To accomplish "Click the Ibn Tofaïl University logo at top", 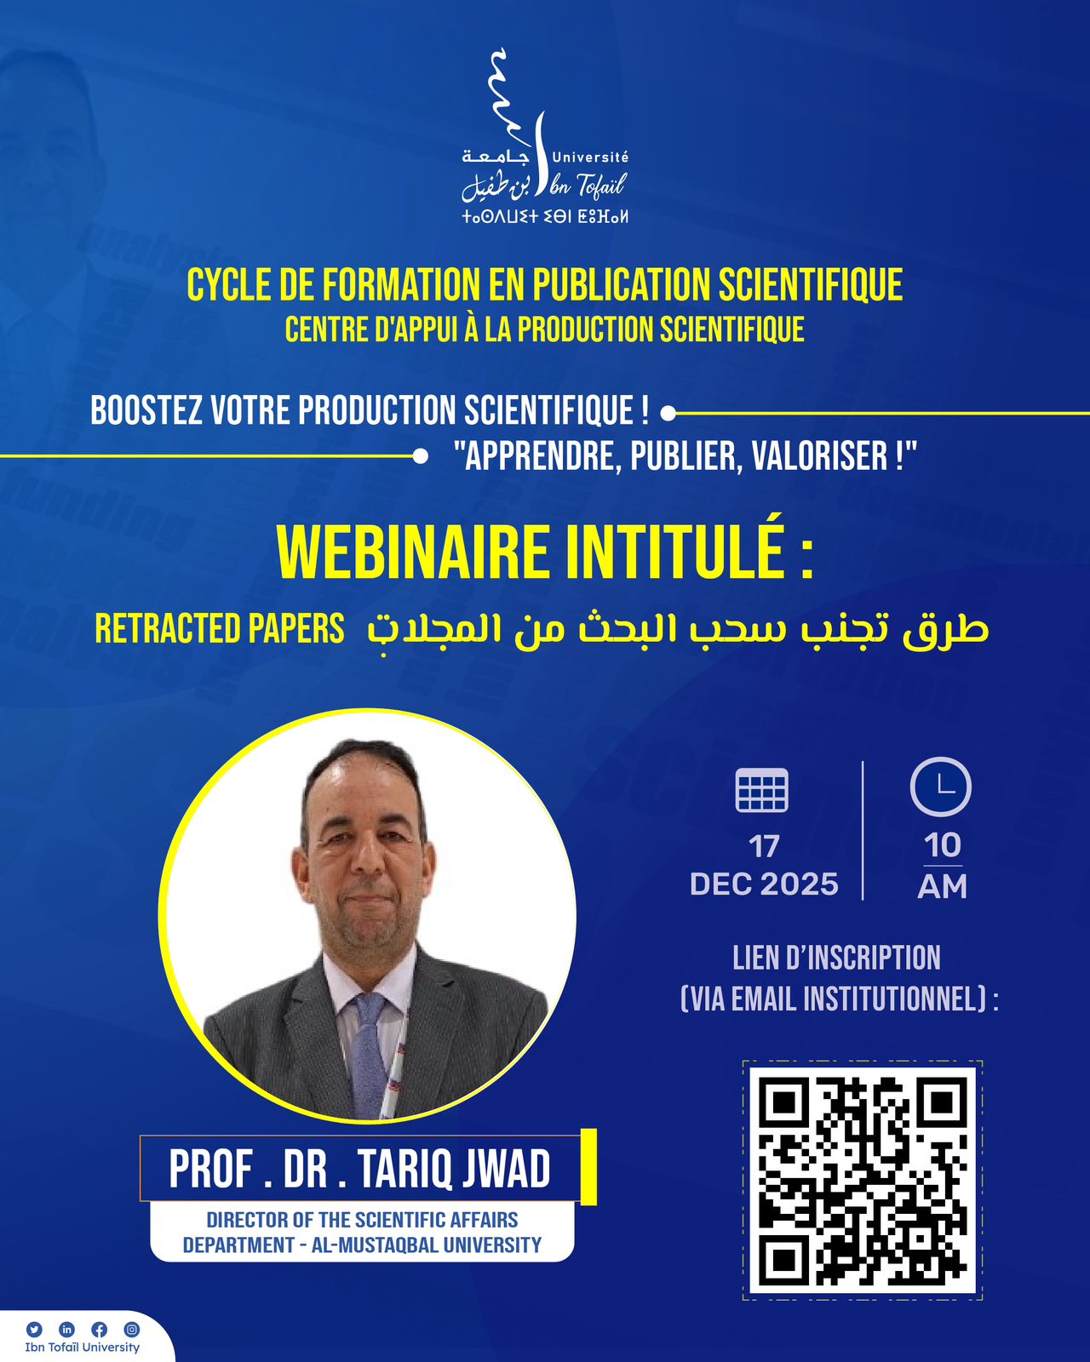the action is click(545, 136).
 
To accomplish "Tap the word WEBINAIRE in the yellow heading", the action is click(413, 553).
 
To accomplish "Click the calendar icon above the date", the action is click(761, 789).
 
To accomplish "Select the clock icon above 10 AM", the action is click(940, 787).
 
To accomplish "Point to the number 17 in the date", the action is click(764, 848).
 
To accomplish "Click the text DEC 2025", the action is click(764, 884).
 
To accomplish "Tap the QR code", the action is click(862, 1181).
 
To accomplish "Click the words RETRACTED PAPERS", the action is click(219, 628).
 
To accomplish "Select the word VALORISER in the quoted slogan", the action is click(819, 455).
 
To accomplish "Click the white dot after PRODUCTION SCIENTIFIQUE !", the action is click(668, 414).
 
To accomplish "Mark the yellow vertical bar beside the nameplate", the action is click(588, 1166).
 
